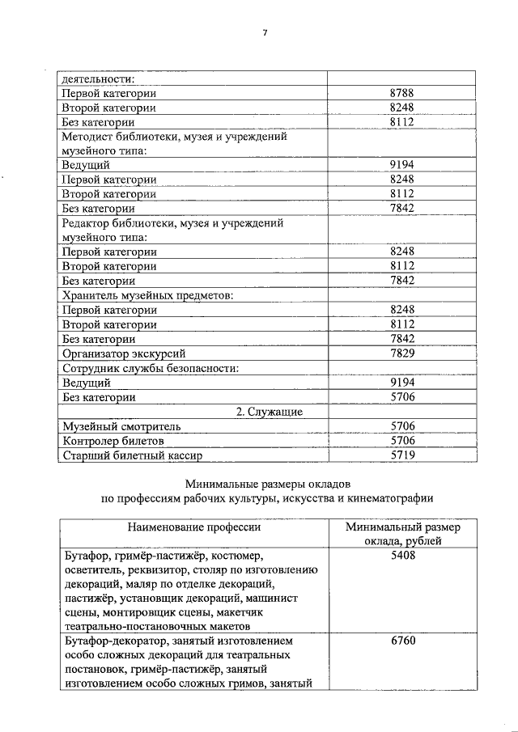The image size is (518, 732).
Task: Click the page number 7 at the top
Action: pyautogui.click(x=264, y=32)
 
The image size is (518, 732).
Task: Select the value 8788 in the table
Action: pyautogui.click(x=402, y=93)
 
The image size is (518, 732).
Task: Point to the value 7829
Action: pyautogui.click(x=402, y=353)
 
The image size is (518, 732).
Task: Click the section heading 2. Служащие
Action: pyautogui.click(x=270, y=412)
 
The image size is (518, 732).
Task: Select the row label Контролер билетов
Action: pyautogui.click(x=113, y=441)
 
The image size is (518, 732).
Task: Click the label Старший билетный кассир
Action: pyautogui.click(x=130, y=455)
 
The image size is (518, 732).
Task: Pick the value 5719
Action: pyautogui.click(x=402, y=455)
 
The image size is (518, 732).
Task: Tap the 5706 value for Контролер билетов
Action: pyautogui.click(x=402, y=441)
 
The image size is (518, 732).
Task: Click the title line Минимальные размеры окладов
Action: pyautogui.click(x=266, y=484)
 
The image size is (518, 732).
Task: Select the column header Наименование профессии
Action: pyautogui.click(x=193, y=527)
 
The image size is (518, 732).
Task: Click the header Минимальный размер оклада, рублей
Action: pyautogui.click(x=402, y=535)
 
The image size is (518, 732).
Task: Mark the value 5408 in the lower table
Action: pyautogui.click(x=402, y=556)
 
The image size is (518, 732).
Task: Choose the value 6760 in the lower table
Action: pyautogui.click(x=402, y=641)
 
